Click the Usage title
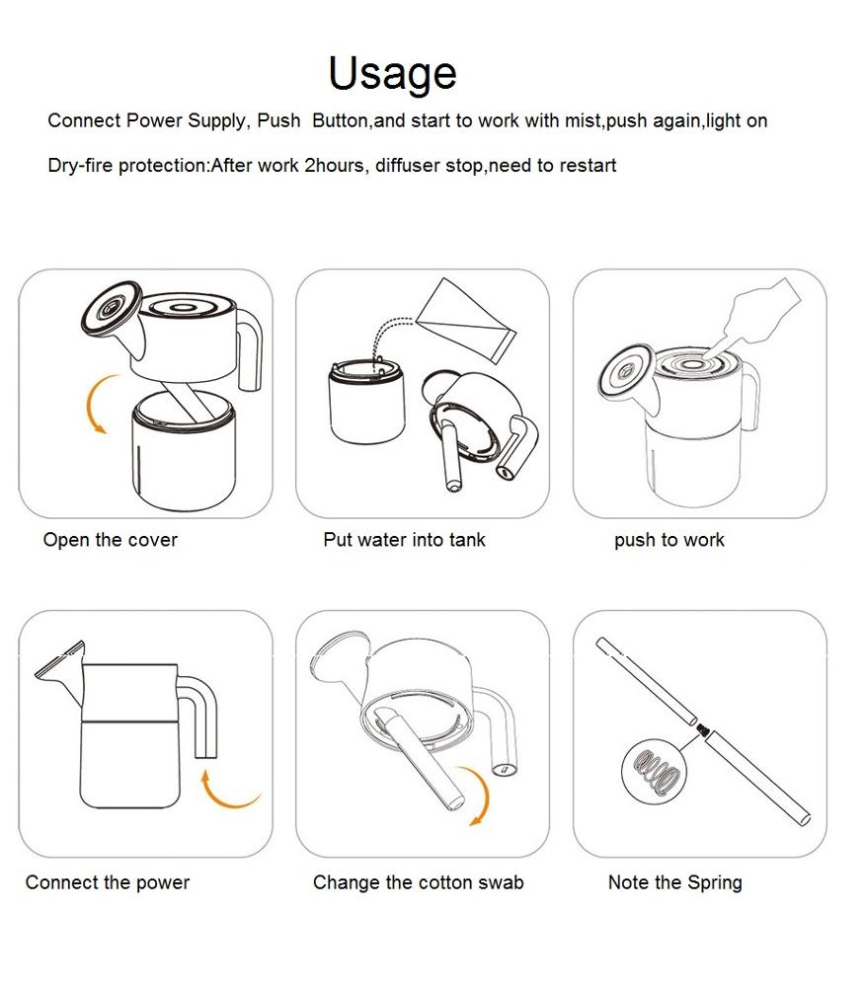392,74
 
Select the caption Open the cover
111,540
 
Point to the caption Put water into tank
404,540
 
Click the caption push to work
669,540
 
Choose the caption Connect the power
108,882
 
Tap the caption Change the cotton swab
418,882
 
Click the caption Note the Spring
675,882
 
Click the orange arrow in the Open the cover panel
90,403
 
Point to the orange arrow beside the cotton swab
484,790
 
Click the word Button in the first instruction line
340,120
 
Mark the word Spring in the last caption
715,883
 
